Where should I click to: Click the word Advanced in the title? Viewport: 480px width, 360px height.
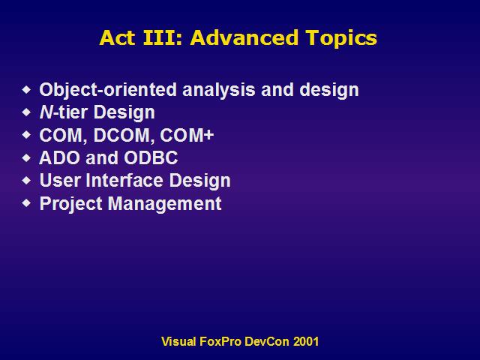tap(244, 37)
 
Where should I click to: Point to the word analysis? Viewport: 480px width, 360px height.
tap(218, 90)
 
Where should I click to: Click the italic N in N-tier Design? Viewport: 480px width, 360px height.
tap(46, 112)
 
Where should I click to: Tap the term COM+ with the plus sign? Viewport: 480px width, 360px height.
tap(187, 135)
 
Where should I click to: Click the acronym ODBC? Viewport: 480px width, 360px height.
tap(151, 157)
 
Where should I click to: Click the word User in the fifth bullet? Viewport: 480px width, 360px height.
tap(60, 180)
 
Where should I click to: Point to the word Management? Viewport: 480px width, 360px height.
tap(165, 203)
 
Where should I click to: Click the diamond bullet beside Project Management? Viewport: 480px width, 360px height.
tap(27, 202)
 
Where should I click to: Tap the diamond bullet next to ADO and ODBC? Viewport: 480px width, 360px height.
tap(27, 157)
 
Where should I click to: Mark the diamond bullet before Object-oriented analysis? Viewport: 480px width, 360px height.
tap(27, 90)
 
